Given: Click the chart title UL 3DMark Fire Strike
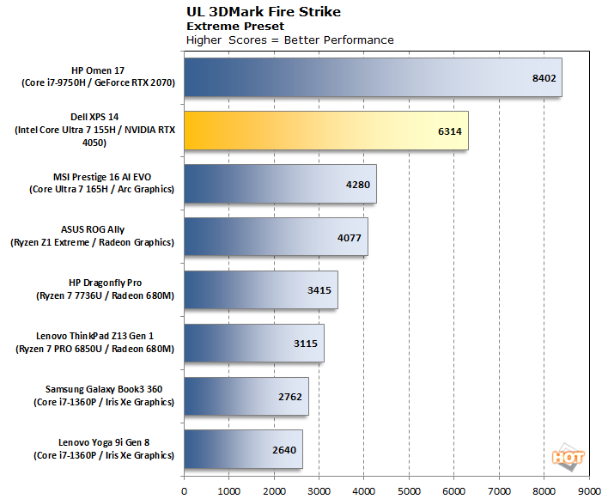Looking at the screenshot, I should (x=256, y=12).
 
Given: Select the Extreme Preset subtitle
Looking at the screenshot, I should (x=225, y=26).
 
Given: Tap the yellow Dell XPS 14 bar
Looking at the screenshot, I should (x=326, y=131).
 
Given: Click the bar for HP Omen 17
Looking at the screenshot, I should (x=373, y=77).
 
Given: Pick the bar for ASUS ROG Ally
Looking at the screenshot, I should (x=276, y=236).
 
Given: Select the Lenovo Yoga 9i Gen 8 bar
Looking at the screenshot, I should (x=243, y=449).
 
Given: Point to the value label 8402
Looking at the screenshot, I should (x=544, y=78).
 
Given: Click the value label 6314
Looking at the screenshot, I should (x=451, y=131).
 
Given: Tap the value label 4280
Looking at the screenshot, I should (x=359, y=184).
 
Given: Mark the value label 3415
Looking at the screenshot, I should (x=320, y=290).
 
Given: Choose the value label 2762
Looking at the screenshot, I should (x=291, y=397).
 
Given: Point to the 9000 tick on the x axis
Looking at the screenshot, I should (x=588, y=490).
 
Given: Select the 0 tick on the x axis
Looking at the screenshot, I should (x=184, y=490).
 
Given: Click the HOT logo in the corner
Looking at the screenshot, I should (x=568, y=459).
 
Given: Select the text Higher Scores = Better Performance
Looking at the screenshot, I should (x=290, y=40).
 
